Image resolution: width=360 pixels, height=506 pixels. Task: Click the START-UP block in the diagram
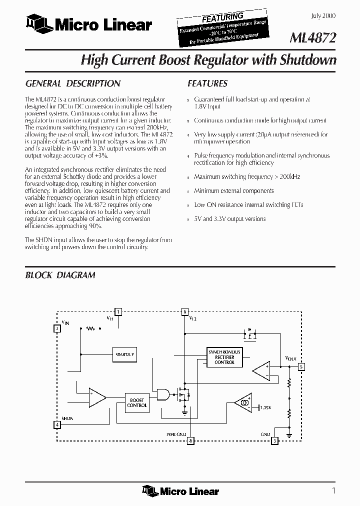124,354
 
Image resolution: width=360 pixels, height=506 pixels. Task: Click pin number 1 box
118,311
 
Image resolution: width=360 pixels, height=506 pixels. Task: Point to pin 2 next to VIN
57,328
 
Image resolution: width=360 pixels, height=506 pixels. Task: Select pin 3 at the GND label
274,441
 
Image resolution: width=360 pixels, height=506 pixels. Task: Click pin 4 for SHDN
57,425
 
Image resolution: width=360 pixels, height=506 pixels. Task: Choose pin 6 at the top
185,311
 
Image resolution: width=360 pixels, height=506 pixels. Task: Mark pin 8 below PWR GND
190,441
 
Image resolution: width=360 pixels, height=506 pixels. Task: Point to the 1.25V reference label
266,407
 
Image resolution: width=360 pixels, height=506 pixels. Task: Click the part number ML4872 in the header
313,38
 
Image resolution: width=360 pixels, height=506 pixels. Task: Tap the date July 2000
323,16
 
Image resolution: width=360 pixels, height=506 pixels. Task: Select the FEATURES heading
207,83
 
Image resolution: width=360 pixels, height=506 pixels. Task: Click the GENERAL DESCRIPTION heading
72,83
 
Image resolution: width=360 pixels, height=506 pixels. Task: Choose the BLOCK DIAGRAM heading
60,275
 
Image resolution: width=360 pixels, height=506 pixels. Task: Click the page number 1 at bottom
333,490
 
